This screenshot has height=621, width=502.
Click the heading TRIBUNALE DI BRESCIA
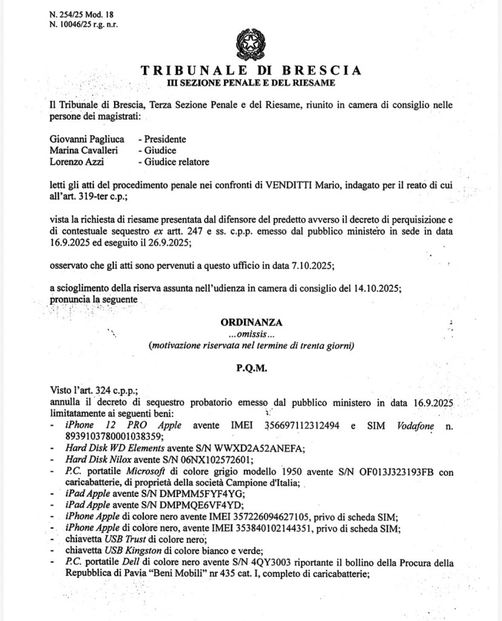pos(251,70)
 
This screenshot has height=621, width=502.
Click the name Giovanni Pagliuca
pos(87,139)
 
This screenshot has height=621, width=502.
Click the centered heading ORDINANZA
pos(248,322)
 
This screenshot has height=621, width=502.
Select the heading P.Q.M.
pos(248,367)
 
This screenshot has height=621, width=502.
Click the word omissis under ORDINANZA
pos(247,334)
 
